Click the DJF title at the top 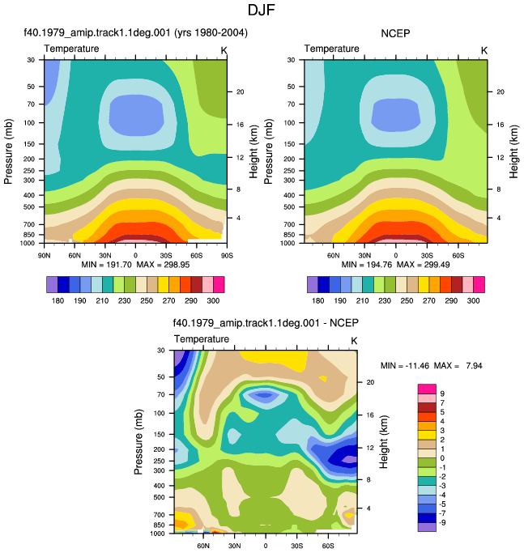point(261,10)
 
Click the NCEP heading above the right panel point(395,33)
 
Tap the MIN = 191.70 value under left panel point(107,265)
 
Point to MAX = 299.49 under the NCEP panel point(423,265)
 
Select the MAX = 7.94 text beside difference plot point(458,366)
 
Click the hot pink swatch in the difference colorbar point(427,389)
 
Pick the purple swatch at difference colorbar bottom point(427,527)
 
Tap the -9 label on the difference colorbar point(441,522)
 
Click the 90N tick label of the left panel point(44,255)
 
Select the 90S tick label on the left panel point(227,255)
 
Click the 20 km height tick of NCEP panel point(501,91)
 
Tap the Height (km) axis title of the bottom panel point(384,442)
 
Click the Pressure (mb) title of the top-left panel point(8,151)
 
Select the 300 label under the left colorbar point(213,300)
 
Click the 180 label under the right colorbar point(318,300)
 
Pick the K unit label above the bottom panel point(354,341)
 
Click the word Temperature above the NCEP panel point(332,49)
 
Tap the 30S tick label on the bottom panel point(296,546)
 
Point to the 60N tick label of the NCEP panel point(334,255)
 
